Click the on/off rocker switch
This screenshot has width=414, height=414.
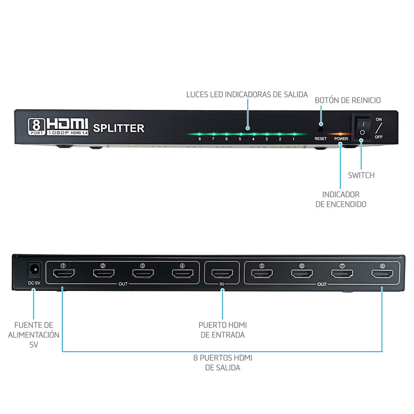362,127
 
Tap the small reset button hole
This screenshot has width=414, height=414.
320,130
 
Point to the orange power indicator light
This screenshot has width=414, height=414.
340,134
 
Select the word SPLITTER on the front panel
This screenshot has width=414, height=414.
118,128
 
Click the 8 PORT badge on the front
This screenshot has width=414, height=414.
37,127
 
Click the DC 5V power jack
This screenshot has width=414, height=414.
35,270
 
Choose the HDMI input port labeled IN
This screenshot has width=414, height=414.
222,274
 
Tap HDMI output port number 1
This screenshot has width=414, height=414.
64,274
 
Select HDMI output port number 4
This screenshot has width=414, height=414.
183,274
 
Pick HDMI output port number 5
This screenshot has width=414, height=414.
262,274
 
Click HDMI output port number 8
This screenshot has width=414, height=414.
382,274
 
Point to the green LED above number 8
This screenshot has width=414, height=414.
200,134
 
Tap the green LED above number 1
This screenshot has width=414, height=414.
294,134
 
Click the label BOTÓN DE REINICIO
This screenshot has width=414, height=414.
347,100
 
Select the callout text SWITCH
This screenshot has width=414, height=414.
361,175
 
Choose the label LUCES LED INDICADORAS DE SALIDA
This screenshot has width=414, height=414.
247,95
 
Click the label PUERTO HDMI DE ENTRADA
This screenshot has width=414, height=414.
222,330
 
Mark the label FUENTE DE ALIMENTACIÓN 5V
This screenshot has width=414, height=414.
34,335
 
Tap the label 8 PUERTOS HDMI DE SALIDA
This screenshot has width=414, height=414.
222,362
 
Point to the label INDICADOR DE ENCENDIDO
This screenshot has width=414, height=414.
340,200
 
